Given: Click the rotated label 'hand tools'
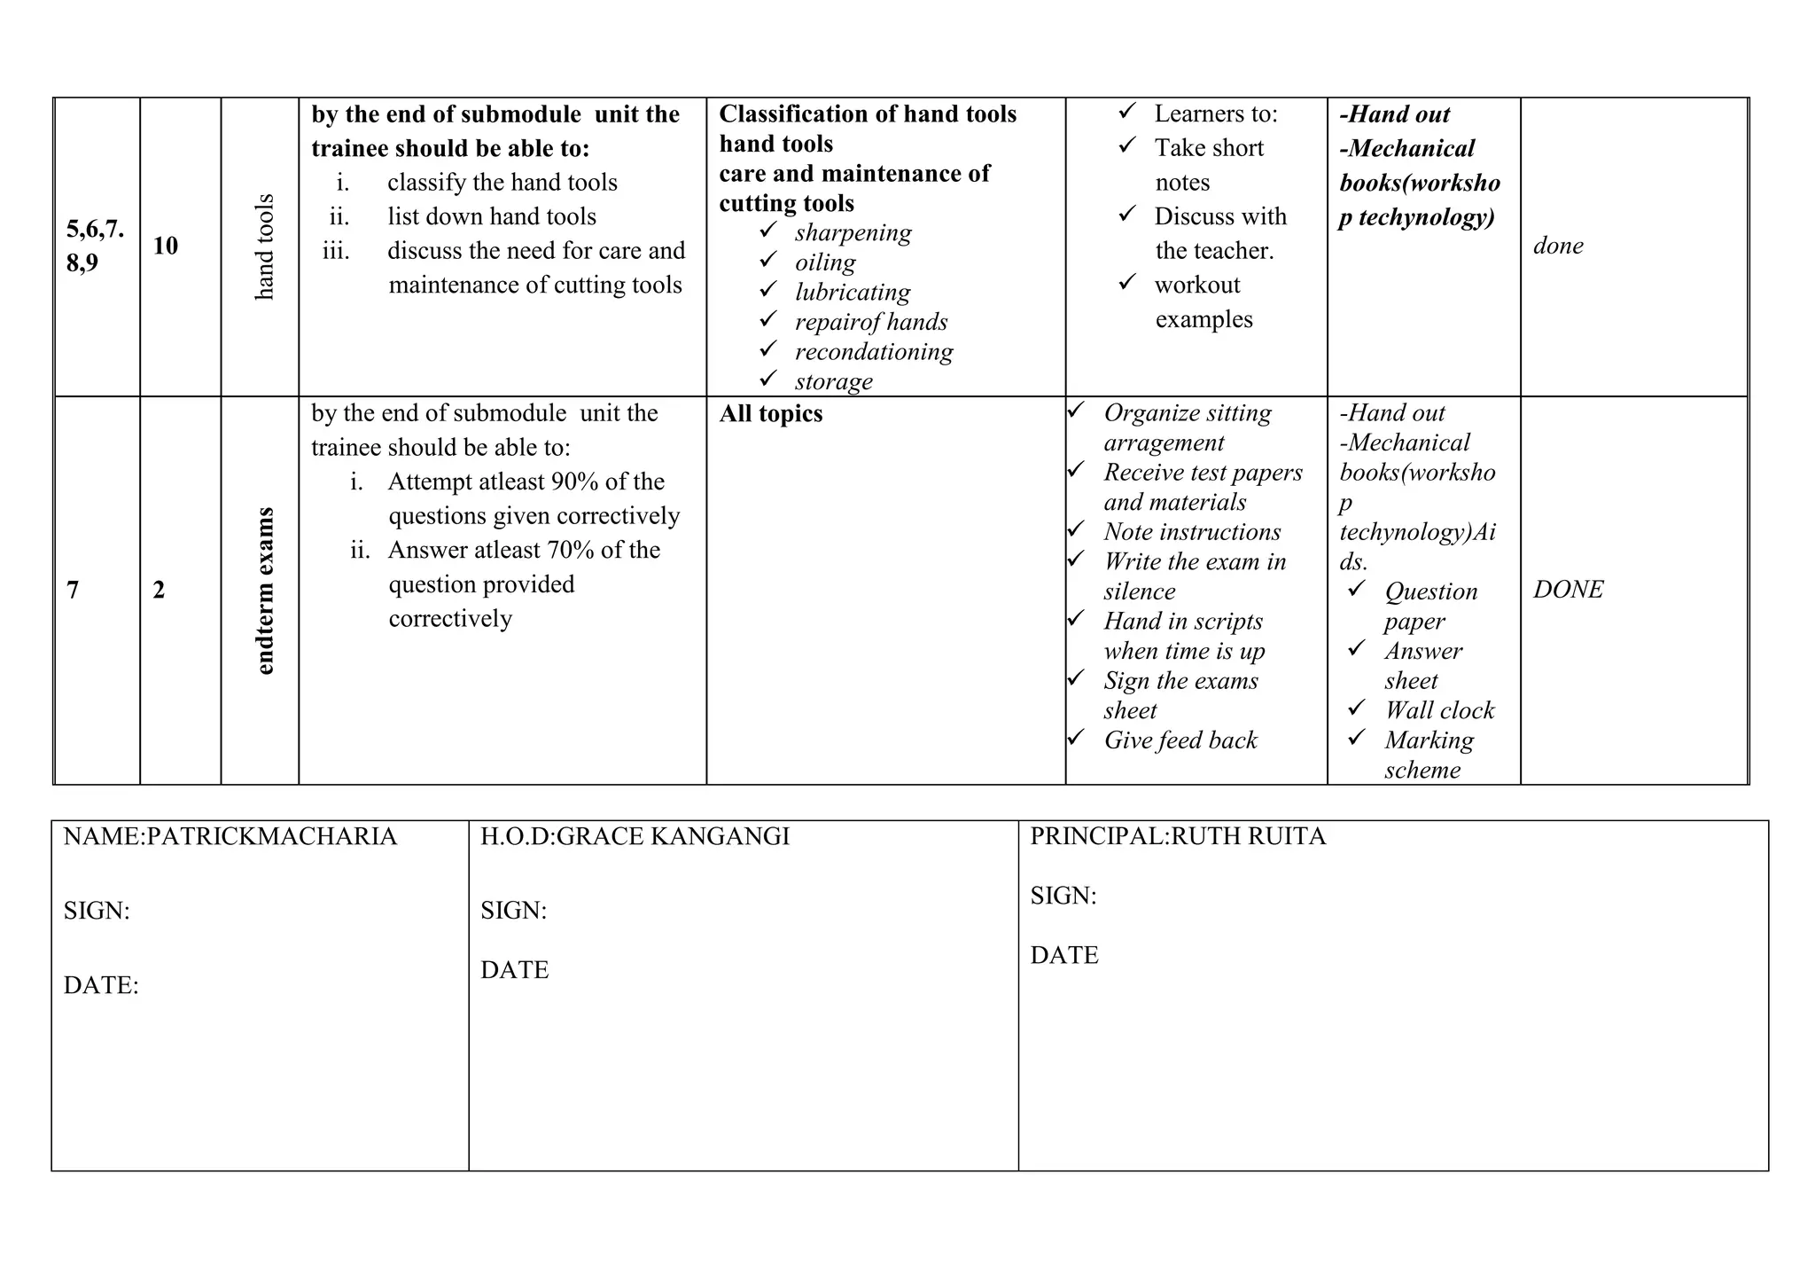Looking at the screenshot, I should tap(265, 247).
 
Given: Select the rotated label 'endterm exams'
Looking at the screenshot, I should tap(265, 591).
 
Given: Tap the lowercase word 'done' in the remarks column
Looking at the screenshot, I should tap(1558, 246).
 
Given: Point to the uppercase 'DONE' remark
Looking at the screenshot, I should tap(1568, 590).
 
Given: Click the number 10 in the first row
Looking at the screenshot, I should tap(166, 246).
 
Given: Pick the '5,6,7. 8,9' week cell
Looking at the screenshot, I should tap(95, 246).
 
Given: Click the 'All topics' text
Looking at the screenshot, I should tap(770, 414).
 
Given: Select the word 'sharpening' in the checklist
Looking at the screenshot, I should tap(853, 233).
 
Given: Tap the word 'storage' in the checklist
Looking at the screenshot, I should tap(833, 381).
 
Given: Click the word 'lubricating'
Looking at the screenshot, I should tap(853, 293).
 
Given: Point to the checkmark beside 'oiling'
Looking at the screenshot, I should tap(768, 261).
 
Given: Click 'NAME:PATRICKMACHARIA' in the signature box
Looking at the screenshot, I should tap(230, 836).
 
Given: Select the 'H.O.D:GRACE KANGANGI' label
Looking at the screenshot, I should tap(635, 836).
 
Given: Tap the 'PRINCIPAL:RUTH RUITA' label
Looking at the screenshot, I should tap(1178, 836).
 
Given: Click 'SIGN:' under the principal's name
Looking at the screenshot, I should tap(1063, 896).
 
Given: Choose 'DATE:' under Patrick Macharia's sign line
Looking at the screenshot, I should tap(101, 985).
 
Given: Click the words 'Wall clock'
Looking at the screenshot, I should tap(1439, 710).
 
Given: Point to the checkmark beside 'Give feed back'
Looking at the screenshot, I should tap(1076, 738).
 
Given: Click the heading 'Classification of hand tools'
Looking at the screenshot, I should tap(868, 114).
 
